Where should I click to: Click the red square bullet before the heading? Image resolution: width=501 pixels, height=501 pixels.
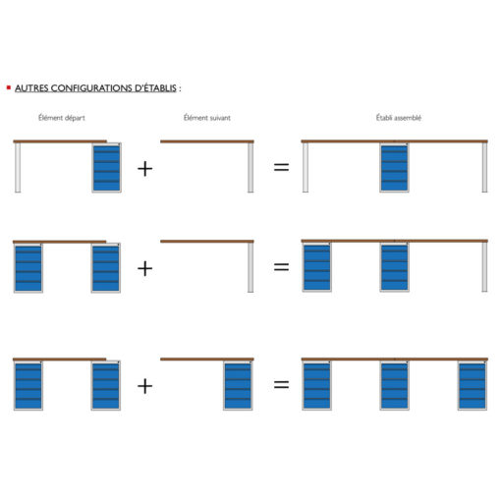coord(9,87)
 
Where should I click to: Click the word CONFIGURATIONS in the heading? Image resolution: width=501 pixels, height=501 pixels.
coord(91,88)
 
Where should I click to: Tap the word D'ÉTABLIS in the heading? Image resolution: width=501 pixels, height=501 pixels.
coord(155,88)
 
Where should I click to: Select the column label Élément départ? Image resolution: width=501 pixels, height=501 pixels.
coord(62,118)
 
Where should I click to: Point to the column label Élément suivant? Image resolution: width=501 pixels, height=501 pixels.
coord(207,118)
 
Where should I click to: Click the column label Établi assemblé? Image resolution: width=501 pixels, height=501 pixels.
coord(399,118)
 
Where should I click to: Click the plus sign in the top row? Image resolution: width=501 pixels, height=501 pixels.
coord(144,169)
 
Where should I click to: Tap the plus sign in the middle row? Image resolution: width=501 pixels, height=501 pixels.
coord(144,268)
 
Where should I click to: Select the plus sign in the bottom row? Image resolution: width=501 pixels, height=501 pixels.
coord(144,386)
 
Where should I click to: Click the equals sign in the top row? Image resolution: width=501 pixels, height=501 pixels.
coord(281,167)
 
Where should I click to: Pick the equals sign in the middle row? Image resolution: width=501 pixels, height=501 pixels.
coord(281,267)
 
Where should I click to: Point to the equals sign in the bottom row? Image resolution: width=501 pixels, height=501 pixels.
coord(281,384)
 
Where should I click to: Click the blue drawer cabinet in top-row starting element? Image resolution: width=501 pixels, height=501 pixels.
coord(107,168)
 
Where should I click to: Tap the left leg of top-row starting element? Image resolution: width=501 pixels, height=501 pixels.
coord(18,168)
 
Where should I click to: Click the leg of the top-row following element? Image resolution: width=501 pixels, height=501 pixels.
coord(250,168)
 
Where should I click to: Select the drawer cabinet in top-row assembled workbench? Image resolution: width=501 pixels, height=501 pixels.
coord(394,167)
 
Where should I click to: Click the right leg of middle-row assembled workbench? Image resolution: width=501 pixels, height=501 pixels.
coord(484,267)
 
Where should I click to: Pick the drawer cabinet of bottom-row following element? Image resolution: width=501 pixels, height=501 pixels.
coord(238,385)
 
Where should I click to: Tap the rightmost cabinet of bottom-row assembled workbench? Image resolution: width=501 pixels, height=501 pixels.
coord(473,385)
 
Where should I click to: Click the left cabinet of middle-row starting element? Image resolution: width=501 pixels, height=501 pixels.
coord(28,268)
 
